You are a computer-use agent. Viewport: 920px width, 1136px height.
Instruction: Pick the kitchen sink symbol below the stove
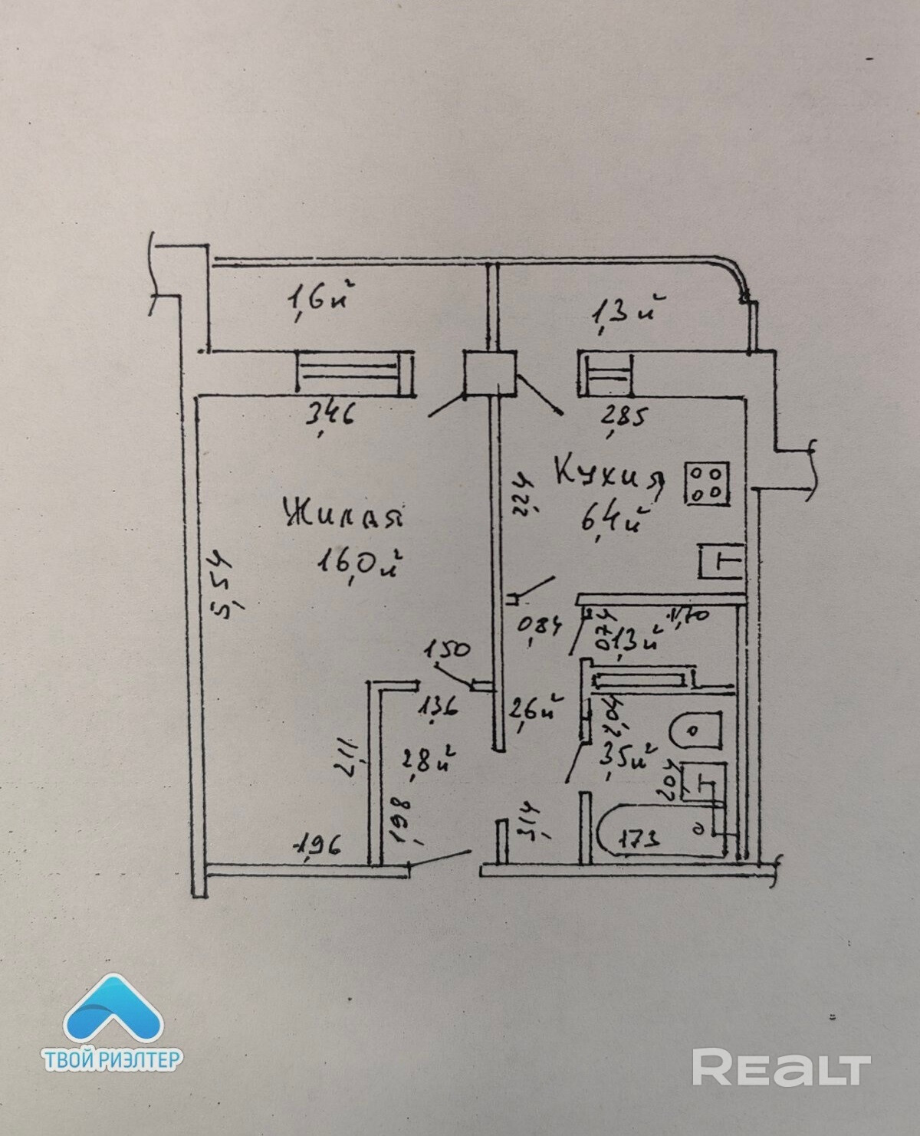point(721,561)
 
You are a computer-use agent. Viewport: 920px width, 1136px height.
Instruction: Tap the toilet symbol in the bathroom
point(695,730)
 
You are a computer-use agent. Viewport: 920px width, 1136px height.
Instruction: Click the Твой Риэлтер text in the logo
point(112,1060)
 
